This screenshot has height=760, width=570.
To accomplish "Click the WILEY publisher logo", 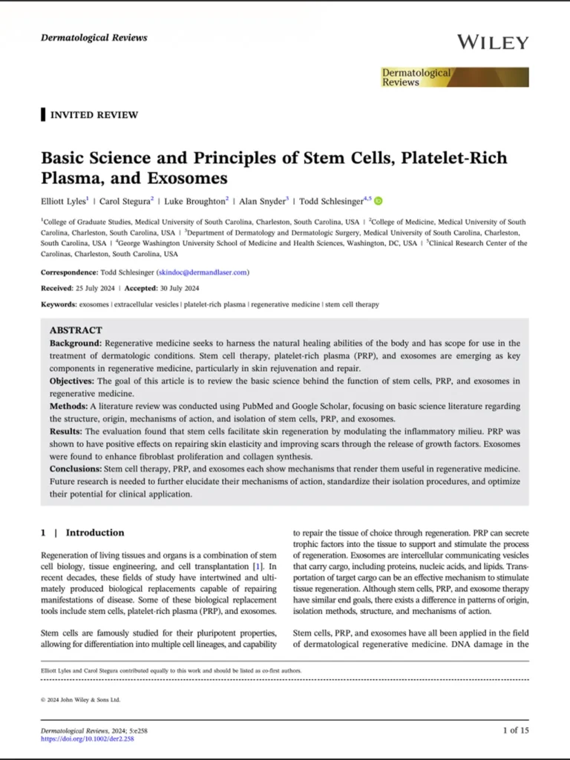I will point(492,42).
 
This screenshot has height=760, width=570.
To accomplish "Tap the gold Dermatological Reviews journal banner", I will point(455,77).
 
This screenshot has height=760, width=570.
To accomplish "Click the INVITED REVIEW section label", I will point(94,115).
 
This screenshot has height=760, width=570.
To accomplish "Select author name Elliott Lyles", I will point(63,200).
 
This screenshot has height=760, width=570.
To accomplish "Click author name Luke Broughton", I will point(194,200).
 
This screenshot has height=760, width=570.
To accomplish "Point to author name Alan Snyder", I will point(262,200).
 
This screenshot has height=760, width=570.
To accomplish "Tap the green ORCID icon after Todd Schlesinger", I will point(379,200).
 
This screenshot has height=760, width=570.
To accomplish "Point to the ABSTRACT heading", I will point(76,330).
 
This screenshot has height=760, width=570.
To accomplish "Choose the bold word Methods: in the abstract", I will point(69,407).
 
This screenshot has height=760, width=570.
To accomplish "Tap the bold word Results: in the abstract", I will point(66,431).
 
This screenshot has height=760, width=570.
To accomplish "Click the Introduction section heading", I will point(95,532).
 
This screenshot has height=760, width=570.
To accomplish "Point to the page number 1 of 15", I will point(516,730).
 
